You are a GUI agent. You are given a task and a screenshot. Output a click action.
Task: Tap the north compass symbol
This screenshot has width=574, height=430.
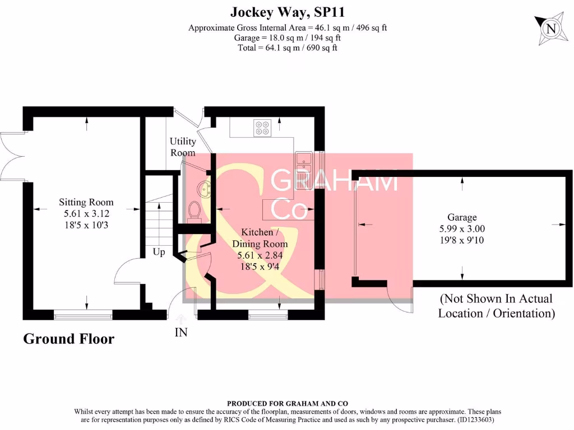(552, 28)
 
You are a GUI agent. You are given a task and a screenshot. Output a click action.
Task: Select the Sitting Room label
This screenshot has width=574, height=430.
(86, 202)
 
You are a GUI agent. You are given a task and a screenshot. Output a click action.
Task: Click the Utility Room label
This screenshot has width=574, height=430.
(183, 147)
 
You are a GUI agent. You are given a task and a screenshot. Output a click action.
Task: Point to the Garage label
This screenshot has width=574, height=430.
(462, 217)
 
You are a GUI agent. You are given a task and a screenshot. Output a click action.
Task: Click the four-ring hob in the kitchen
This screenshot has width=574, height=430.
(262, 128)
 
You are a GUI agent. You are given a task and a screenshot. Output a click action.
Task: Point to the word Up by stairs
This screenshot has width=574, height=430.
(159, 253)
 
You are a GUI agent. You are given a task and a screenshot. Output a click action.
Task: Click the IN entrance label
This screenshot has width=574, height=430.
(181, 333)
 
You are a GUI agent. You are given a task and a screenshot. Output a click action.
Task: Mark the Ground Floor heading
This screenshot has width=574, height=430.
(68, 339)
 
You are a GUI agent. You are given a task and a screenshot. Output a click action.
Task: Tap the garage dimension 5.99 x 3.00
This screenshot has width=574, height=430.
(462, 228)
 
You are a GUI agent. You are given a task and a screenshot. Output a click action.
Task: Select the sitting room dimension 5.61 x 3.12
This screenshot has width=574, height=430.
(86, 213)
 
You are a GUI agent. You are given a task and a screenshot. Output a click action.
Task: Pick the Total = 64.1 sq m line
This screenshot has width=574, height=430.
(288, 48)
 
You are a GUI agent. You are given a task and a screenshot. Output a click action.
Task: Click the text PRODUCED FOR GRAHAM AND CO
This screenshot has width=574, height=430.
(287, 403)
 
